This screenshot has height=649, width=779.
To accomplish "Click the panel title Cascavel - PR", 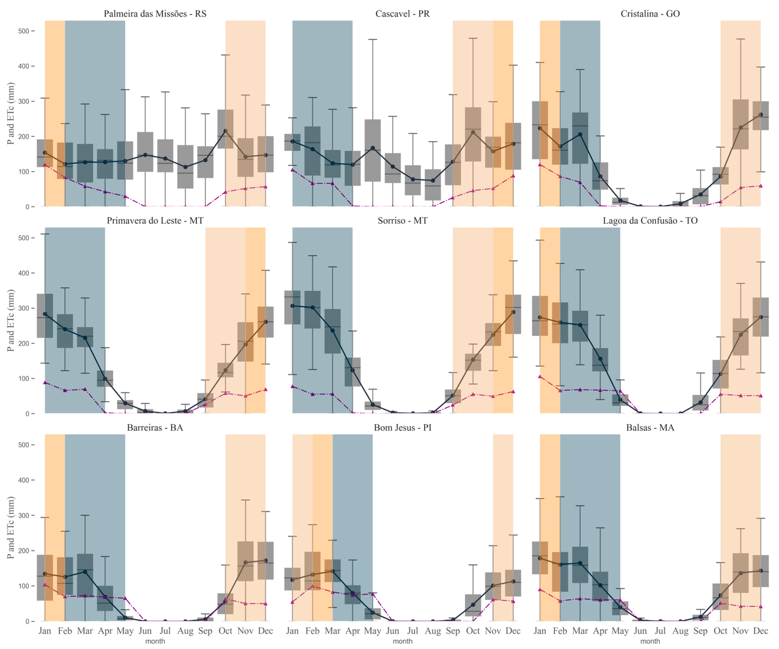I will click(402, 14).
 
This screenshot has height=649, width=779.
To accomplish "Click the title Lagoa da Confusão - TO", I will click(650, 221).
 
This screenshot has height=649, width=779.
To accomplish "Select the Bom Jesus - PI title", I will click(402, 427).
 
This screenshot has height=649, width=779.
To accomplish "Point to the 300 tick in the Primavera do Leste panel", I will click(23, 308).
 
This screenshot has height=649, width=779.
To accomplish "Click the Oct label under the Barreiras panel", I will click(225, 631).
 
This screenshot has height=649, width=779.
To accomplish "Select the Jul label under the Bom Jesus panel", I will click(413, 631).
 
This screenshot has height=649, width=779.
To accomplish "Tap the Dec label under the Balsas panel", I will click(761, 631).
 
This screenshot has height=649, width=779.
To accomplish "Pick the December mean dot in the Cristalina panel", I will click(761, 115).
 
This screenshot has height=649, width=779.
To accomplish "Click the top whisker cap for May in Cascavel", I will click(372, 39).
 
